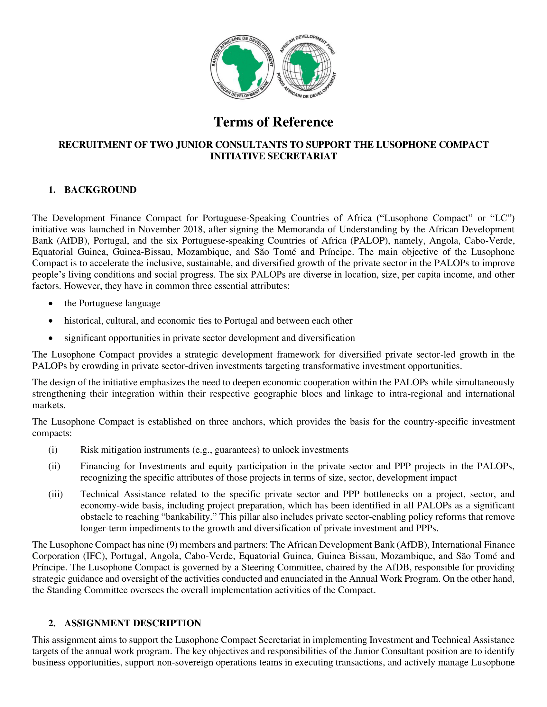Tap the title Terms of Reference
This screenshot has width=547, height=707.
[x=273, y=122]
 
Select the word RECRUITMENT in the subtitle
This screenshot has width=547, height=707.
[x=96, y=145]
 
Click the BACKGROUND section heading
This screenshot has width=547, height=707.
[x=100, y=190]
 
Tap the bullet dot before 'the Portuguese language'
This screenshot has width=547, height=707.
[x=50, y=304]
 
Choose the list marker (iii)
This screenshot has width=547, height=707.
[x=55, y=494]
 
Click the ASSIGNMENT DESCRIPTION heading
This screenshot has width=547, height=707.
[x=133, y=623]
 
